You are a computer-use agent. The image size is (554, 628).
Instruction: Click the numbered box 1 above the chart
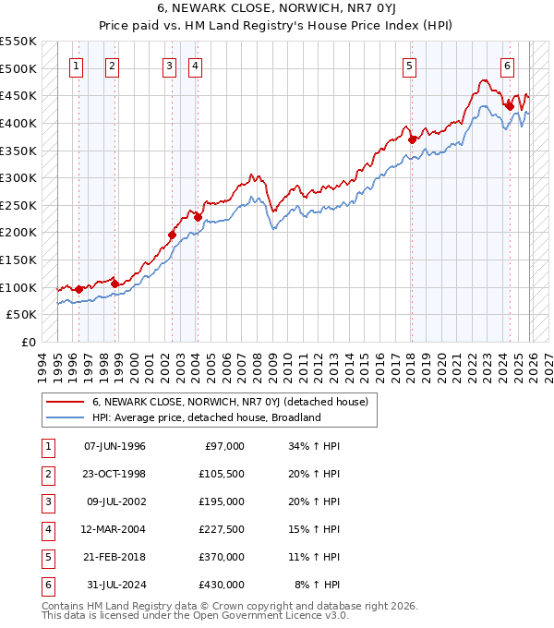75,66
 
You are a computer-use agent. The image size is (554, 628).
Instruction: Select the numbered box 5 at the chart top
409,66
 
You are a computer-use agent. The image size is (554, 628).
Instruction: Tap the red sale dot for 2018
413,139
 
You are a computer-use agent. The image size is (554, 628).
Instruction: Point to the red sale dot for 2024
510,106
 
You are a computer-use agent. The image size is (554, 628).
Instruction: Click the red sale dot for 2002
173,235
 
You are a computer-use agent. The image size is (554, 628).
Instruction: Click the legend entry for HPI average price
206,417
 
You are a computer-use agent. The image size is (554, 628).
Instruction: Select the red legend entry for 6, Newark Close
230,402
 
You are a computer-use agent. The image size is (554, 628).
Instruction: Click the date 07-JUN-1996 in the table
114,446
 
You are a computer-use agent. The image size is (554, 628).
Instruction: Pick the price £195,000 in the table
222,501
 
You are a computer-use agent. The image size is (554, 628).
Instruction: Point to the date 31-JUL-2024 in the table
114,585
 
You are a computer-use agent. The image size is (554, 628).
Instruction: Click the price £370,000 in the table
222,557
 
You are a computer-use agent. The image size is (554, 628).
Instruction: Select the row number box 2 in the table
46,474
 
